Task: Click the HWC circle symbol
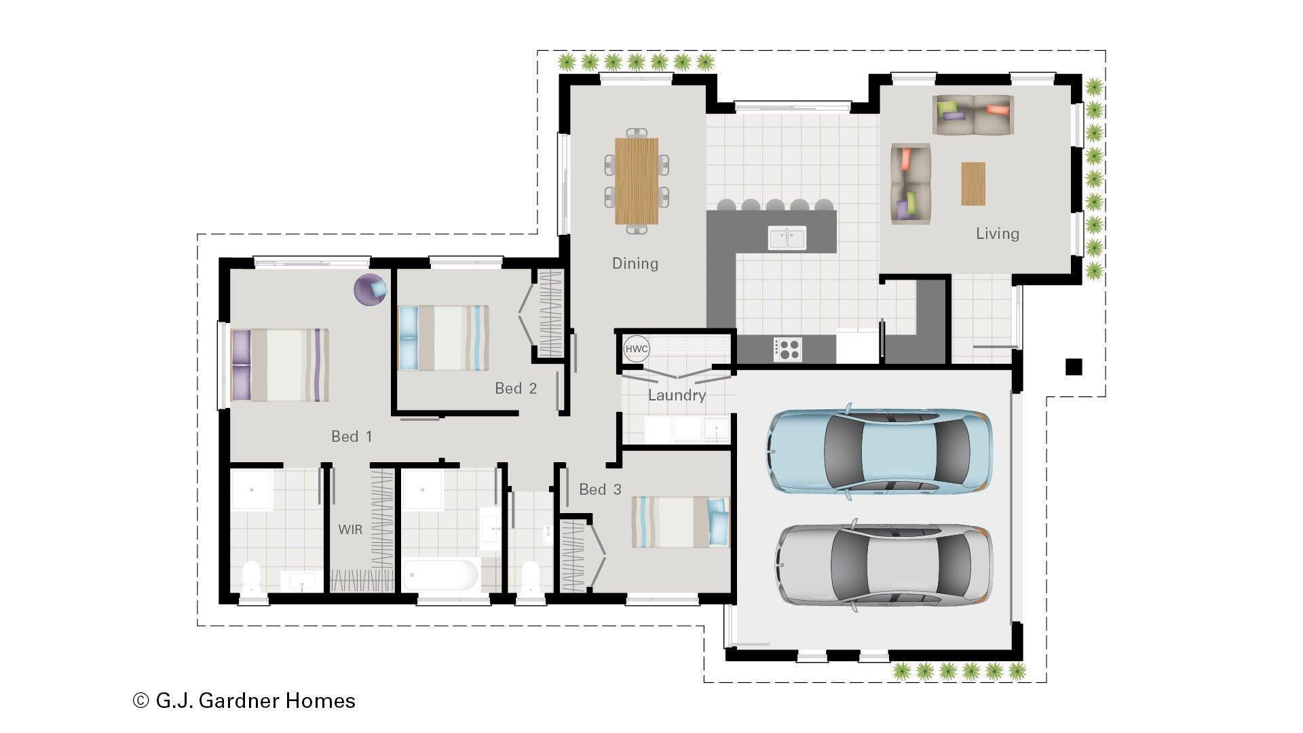[x=637, y=349]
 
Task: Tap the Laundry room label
[x=677, y=395]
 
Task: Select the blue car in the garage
[x=880, y=451]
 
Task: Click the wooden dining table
[x=637, y=181]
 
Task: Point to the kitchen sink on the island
[x=787, y=238]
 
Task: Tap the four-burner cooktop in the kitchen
[x=787, y=350]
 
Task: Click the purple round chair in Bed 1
[x=371, y=290]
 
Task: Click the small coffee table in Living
[x=972, y=183]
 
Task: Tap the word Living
[x=997, y=233]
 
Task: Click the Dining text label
[x=635, y=263]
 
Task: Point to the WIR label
[x=350, y=529]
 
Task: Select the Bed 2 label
[x=515, y=388]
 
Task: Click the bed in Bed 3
[x=679, y=521]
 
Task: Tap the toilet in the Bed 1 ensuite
[x=251, y=578]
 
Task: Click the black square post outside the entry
[x=1073, y=367]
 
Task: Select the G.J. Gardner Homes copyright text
[x=244, y=700]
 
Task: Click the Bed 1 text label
[x=351, y=436]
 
